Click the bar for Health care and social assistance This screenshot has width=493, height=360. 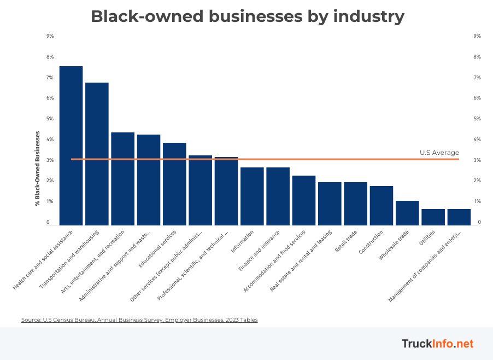click(71, 146)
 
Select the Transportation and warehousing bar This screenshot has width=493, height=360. click(97, 154)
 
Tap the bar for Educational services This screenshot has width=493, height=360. click(174, 184)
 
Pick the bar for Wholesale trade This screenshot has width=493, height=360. click(407, 213)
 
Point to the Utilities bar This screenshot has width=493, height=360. click(433, 217)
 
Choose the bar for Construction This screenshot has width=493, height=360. click(382, 206)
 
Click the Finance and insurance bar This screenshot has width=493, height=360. click(278, 196)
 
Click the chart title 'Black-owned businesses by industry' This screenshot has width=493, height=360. click(247, 16)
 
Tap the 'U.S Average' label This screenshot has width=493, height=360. click(439, 153)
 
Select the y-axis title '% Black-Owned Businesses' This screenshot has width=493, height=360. click(38, 169)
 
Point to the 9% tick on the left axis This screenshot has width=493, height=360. click(50, 36)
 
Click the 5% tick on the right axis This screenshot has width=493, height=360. click(477, 119)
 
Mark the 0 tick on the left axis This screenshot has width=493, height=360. click(48, 222)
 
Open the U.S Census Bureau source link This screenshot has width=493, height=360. click(139, 320)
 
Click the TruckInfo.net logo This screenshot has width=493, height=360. click(437, 344)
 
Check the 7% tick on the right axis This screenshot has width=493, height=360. click(477, 78)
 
